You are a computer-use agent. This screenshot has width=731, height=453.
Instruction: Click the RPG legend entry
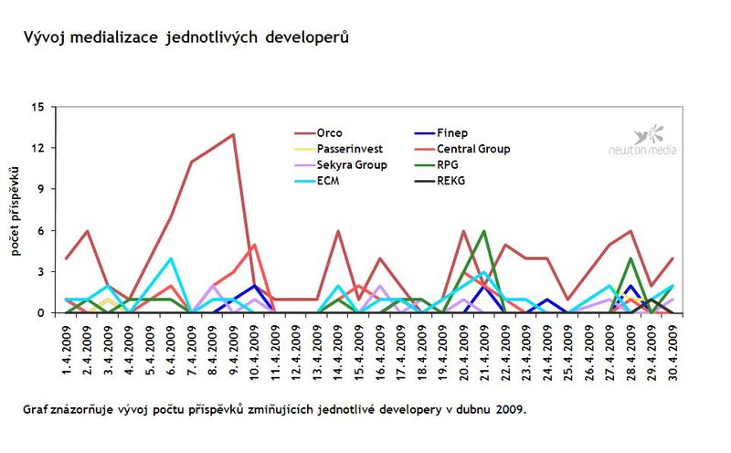pos(448,164)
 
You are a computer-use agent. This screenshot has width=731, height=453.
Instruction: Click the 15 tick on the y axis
pos(37,107)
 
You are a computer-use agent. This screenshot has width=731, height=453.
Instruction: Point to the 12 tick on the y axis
pos(37,148)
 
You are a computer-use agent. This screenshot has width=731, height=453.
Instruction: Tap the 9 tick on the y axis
pos(41,189)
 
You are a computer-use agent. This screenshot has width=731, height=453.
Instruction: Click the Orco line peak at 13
pos(233,135)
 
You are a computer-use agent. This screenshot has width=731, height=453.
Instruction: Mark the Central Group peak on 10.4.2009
pos(254,245)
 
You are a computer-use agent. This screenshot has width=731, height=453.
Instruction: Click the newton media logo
pos(643,141)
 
